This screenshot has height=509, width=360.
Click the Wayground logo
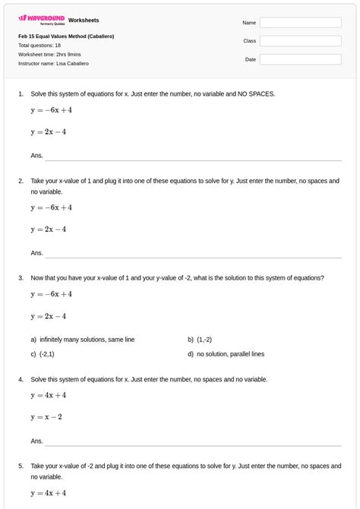tap(41, 19)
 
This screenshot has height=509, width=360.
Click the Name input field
tap(300, 23)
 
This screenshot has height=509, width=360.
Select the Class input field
tap(300, 41)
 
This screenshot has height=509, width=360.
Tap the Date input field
tap(300, 59)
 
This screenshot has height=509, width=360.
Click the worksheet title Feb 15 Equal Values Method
tap(66, 36)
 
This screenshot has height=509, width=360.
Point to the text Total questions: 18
tap(39, 46)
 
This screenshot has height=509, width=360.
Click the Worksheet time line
tap(49, 55)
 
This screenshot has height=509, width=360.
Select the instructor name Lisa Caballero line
tap(53, 64)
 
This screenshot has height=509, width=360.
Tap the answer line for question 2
tap(192, 254)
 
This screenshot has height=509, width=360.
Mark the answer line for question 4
tap(192, 442)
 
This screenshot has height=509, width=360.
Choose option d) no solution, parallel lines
tap(230, 354)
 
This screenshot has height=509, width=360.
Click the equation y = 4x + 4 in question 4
tap(49, 395)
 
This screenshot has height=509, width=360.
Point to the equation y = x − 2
tap(46, 416)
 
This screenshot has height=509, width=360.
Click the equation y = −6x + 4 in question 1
tap(51, 110)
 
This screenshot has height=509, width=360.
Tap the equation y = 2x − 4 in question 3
tap(49, 316)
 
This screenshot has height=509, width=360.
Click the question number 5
tap(21, 466)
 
